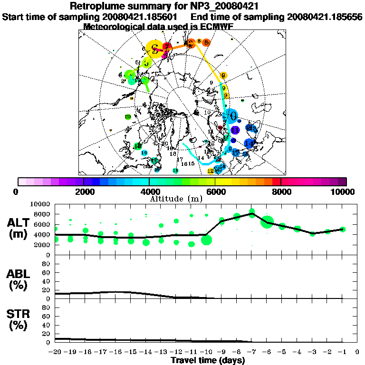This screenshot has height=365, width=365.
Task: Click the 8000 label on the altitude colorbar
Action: pos(281,192)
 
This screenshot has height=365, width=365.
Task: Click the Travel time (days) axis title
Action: pos(208,361)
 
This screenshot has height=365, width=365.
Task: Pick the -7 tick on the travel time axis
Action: pos(252,352)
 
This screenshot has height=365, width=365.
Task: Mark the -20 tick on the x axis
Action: pos(56,352)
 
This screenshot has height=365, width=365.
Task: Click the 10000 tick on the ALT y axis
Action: pos(42,204)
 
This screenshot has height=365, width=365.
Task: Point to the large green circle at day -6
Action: pos(267,221)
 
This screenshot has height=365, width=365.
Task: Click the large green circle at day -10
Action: pos(206,240)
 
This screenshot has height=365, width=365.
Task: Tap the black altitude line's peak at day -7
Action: pos(252,214)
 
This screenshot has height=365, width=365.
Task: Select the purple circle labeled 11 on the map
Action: pos(235,130)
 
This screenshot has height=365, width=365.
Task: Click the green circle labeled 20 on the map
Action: pos(128,117)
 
